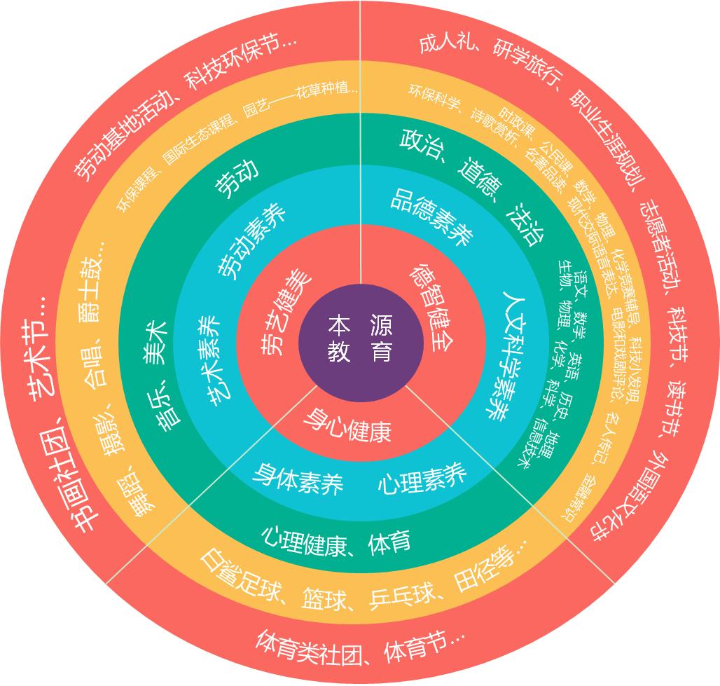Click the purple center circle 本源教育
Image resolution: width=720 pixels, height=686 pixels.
tap(361, 339)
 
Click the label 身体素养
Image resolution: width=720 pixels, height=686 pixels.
tap(298, 479)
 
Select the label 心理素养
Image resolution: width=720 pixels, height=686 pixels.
tap(422, 479)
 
